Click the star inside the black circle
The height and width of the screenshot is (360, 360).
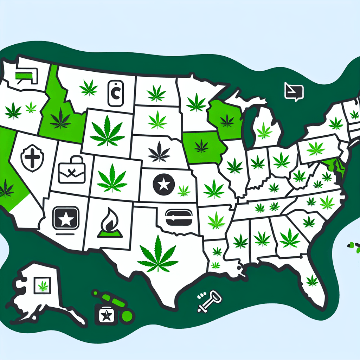tap(163, 184)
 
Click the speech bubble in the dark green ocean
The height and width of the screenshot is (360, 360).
tap(294, 92)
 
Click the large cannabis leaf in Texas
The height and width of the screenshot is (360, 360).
tap(158, 254)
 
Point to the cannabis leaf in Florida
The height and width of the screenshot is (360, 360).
tap(312, 280)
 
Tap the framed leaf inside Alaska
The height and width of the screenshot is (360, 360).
tap(43, 285)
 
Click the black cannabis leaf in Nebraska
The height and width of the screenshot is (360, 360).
tap(159, 152)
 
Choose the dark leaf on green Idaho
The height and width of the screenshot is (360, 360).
tap(60, 118)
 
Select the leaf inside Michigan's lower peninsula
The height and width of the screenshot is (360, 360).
tap(264, 131)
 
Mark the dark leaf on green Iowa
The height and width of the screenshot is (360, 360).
tap(201, 146)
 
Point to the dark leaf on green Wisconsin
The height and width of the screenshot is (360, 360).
tap(227, 121)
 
